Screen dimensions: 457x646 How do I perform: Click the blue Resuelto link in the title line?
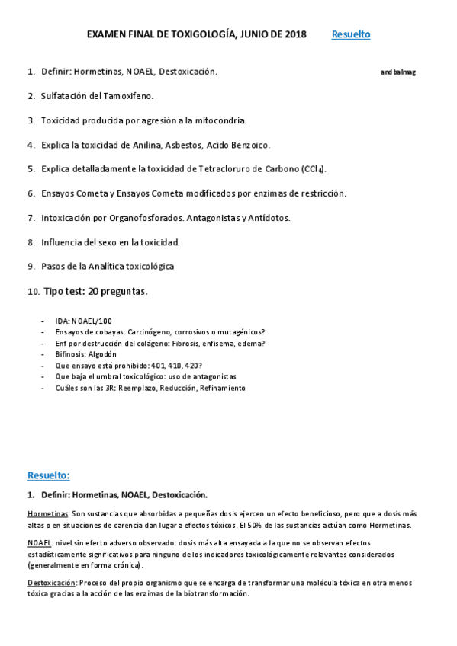tap(351, 34)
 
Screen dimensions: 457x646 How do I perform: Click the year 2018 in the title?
tap(291, 34)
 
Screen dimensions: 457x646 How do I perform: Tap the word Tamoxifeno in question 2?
tap(129, 96)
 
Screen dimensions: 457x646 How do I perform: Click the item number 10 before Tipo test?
tap(33, 292)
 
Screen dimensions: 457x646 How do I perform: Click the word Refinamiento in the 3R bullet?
tap(220, 388)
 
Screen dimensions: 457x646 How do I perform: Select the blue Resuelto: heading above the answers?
tap(48, 475)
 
